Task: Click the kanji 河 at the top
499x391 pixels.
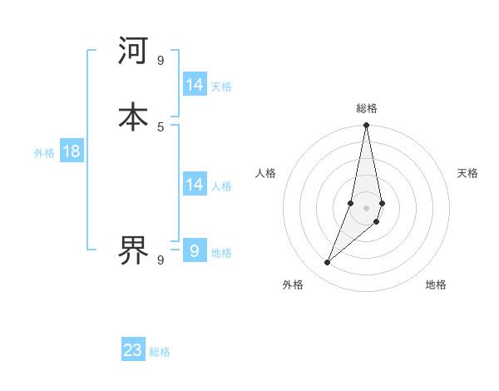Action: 133,51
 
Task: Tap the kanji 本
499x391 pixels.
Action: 133,116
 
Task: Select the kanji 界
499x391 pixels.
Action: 133,249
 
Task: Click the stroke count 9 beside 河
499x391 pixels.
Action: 161,60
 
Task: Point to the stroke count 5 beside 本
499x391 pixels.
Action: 161,126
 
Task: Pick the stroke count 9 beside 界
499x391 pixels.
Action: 161,260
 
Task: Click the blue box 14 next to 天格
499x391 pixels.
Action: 195,85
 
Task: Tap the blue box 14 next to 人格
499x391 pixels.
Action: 195,185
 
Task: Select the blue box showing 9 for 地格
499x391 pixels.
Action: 195,250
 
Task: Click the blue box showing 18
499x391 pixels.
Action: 72,151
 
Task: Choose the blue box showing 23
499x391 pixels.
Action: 133,350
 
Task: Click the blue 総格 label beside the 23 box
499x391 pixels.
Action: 160,352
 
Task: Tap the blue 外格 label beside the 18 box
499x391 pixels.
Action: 44,153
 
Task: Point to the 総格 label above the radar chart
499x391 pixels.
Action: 367,108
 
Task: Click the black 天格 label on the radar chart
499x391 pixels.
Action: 467,173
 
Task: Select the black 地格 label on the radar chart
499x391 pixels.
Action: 436,285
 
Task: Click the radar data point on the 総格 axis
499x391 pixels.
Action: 366,126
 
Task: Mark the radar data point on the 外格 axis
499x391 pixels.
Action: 327,263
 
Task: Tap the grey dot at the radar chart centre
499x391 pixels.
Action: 366,208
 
